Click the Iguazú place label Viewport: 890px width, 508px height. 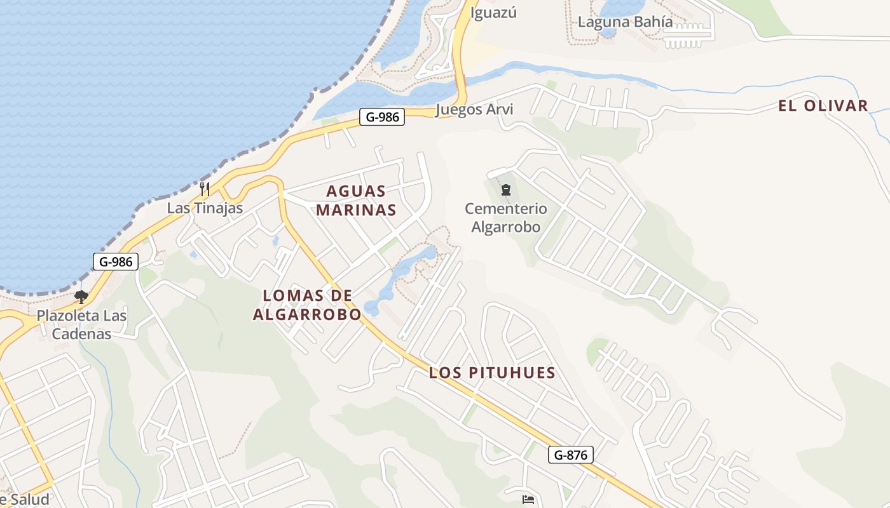tap(493, 12)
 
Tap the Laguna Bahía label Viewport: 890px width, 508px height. tap(625, 22)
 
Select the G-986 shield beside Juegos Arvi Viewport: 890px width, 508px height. tap(382, 117)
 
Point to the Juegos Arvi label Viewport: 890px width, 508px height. tap(474, 109)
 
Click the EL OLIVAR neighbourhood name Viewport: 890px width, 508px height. tap(823, 106)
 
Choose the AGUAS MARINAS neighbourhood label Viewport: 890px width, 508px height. tap(356, 200)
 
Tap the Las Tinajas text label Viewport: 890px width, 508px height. tap(205, 208)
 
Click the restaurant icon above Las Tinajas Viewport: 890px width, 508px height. tap(205, 189)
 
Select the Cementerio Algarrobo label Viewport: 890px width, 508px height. tap(505, 217)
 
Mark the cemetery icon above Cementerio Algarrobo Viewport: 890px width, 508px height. tap(506, 189)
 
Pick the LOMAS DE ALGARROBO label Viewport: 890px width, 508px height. tap(307, 304)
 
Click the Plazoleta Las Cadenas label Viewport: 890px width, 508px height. tap(81, 324)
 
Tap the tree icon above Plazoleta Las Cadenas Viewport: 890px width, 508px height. tap(81, 297)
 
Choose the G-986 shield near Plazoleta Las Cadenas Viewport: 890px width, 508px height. tap(116, 261)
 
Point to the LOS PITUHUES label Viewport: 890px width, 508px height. tap(492, 373)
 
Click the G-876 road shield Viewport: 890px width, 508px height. tap(570, 455)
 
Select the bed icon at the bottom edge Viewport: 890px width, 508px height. tap(528, 500)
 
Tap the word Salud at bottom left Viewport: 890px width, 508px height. tap(29, 500)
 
